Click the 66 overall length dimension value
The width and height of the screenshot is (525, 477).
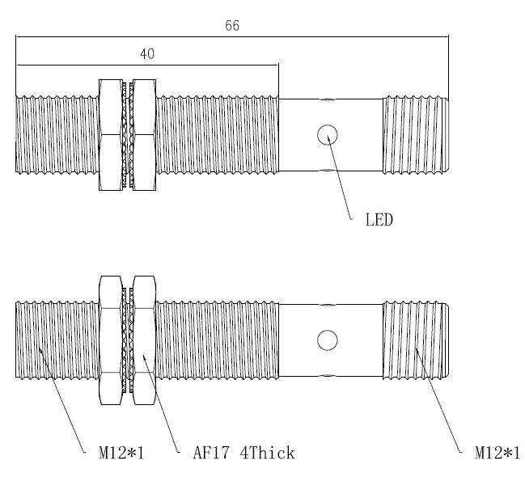pos(232,26)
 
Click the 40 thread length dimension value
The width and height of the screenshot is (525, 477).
pos(147,54)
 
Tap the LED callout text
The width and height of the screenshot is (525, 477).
pos(379,220)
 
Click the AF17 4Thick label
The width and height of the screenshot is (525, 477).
pos(243,454)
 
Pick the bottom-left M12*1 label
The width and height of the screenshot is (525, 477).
pos(121,454)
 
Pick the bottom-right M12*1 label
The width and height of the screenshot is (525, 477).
pos(497,454)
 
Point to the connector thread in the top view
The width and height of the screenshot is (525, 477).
pos(416,135)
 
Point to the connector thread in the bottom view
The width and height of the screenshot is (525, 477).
pos(416,340)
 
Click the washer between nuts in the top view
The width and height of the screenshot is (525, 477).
pos(128,135)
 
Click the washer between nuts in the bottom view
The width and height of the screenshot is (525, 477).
pos(128,340)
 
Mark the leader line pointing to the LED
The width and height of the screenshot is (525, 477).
pos(340,177)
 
